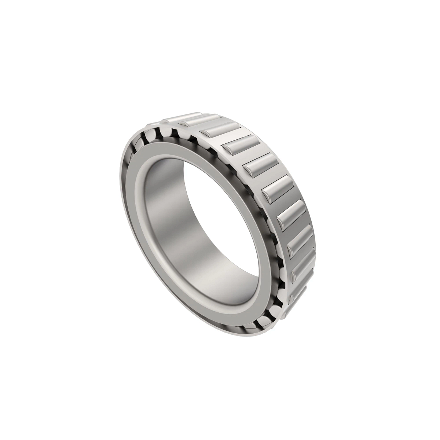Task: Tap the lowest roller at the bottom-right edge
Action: pos(297,293)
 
